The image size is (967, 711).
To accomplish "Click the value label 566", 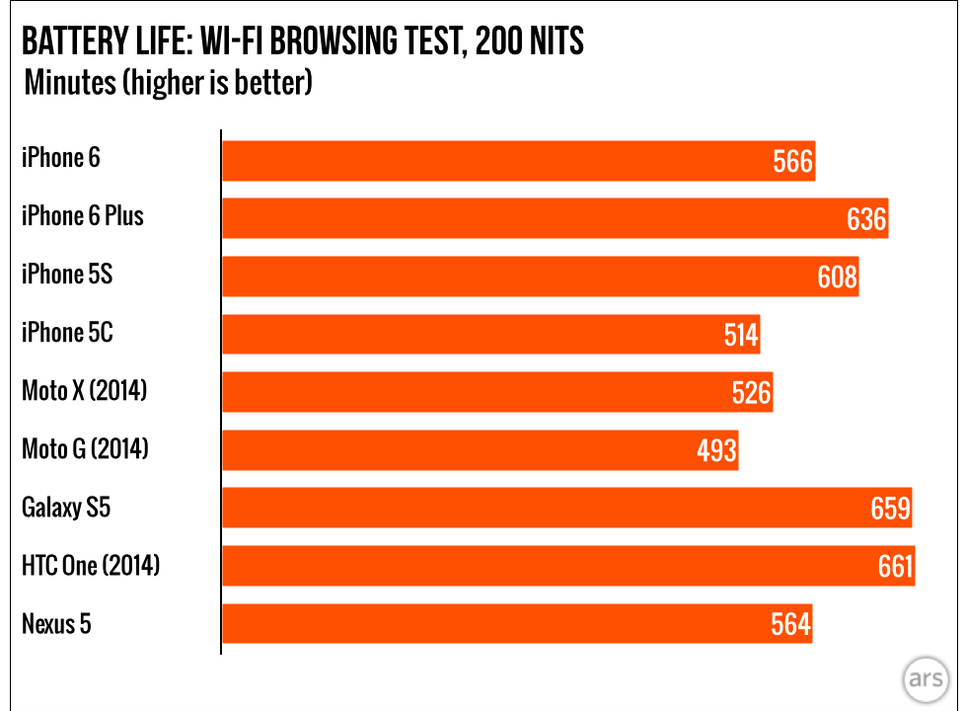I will pos(793,161).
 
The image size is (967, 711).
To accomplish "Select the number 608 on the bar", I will pos(837,276).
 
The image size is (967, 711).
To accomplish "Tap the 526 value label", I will pos(751,393).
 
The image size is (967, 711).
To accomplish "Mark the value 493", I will pos(716,450).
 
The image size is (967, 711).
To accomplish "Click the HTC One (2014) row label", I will pos(91,566).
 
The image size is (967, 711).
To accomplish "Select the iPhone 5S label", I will pos(67,275).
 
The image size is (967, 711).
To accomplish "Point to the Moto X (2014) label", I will pos(84,391).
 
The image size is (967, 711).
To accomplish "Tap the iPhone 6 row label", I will pos(61,158).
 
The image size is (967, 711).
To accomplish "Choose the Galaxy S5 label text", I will pos(66,508).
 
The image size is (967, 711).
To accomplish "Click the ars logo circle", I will pos(926,681).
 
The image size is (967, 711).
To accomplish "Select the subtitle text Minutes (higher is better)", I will pos(168,82).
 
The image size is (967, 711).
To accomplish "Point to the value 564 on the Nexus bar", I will pos(790,624).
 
